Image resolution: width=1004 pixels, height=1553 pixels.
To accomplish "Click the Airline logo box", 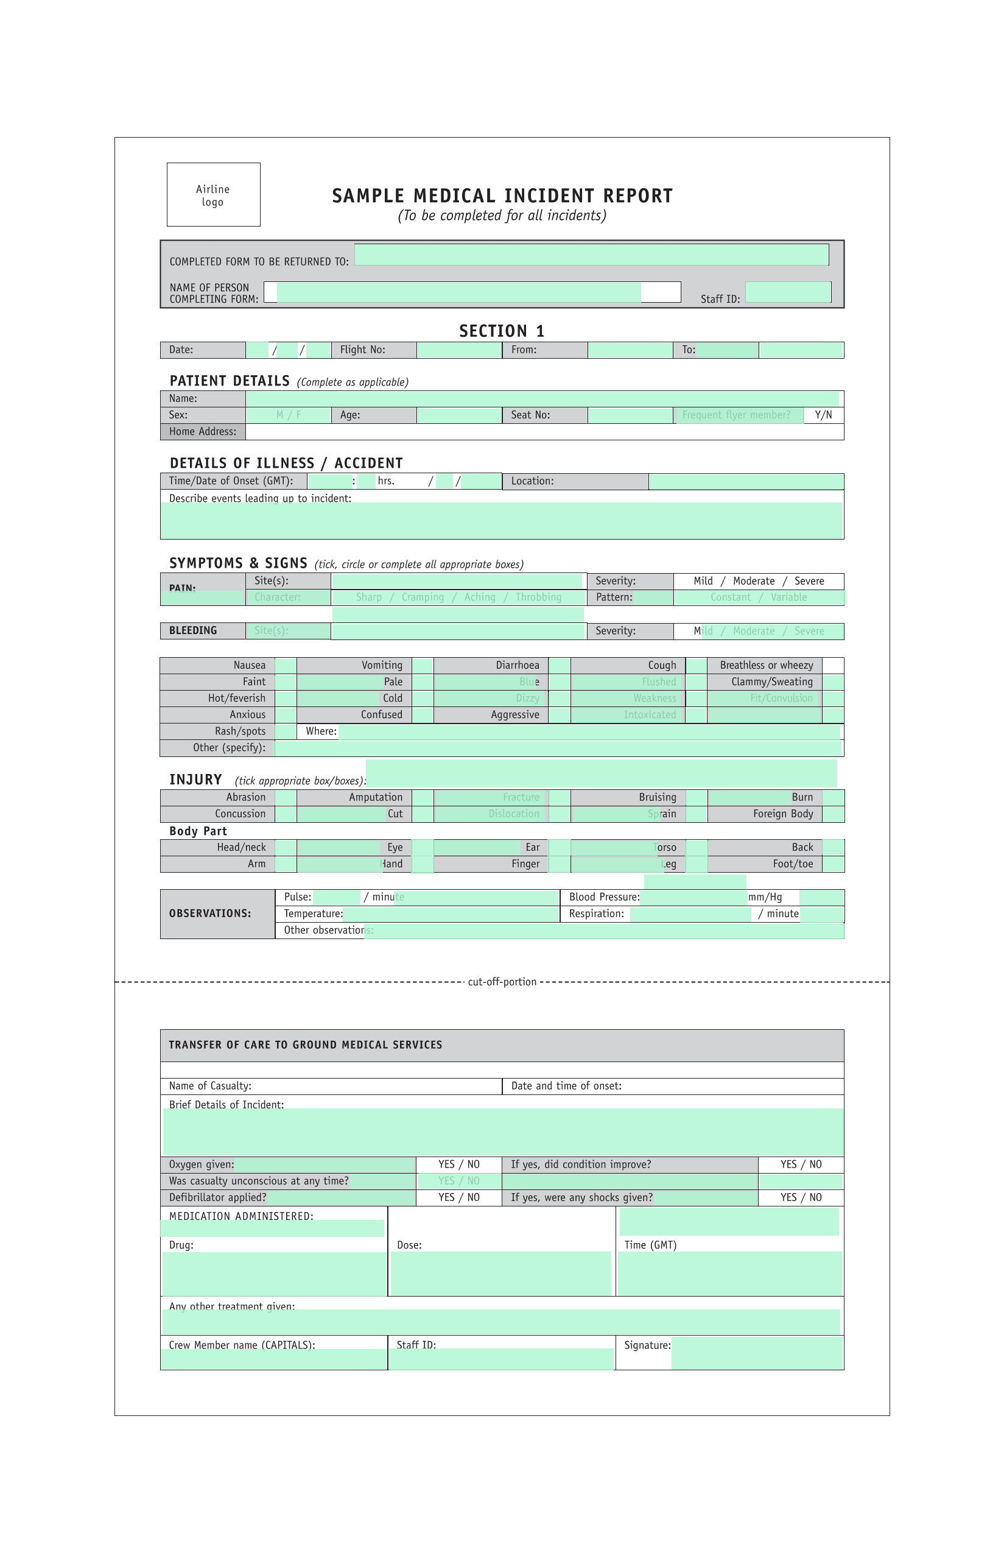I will pyautogui.click(x=213, y=194).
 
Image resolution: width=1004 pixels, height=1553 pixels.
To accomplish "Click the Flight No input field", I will pyautogui.click(x=459, y=350).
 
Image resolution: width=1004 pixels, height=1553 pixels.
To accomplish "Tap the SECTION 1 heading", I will pyautogui.click(x=501, y=331).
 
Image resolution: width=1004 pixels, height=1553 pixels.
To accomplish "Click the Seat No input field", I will pyautogui.click(x=630, y=415).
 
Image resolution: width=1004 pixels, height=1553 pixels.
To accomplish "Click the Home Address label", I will pyautogui.click(x=203, y=432).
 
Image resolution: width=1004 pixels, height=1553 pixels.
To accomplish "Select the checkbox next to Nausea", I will pyautogui.click(x=286, y=666).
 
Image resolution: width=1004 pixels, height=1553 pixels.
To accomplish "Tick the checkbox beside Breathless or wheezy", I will pyautogui.click(x=832, y=666).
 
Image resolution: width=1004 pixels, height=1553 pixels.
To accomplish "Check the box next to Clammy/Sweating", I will pyautogui.click(x=832, y=682).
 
